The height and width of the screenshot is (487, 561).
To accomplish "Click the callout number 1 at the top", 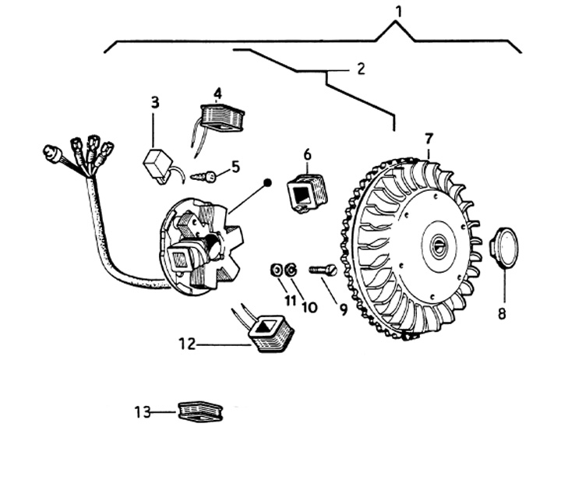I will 399,12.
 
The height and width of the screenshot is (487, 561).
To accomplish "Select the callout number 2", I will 361,69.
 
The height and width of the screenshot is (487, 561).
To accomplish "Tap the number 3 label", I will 155,102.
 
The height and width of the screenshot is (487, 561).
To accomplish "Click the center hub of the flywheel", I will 439,246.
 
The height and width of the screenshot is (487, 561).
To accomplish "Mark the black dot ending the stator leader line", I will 267,183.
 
